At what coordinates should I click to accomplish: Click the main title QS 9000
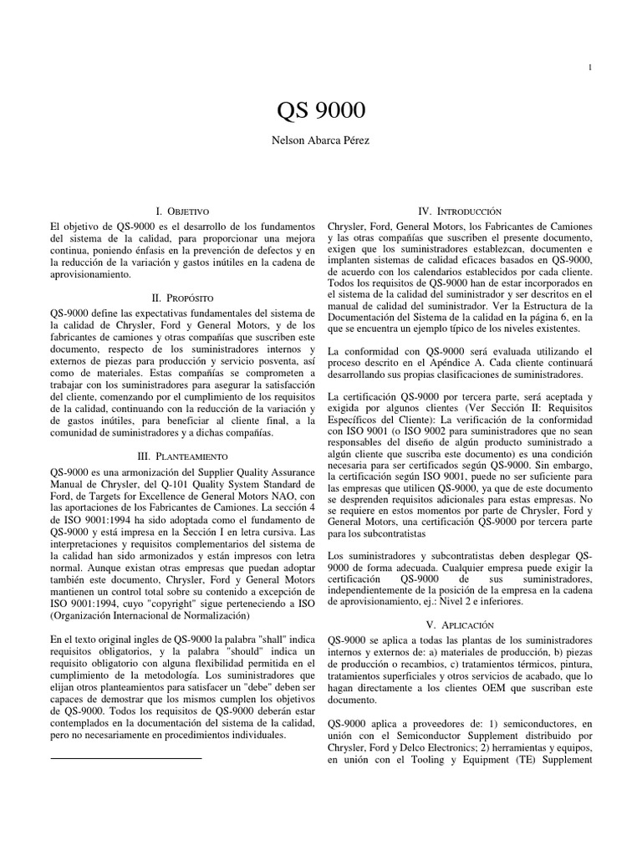click(x=321, y=111)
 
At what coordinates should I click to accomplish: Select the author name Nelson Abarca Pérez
click(x=321, y=141)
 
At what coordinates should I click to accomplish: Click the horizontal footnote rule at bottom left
click(x=126, y=757)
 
